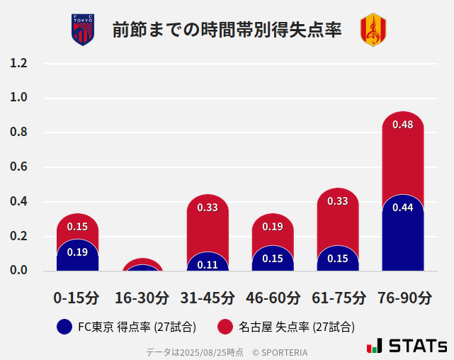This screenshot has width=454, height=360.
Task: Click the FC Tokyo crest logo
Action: pos(83,30)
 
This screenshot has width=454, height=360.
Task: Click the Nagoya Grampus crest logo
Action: pos(373,30)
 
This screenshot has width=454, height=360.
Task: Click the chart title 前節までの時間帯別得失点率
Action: pos(227,30)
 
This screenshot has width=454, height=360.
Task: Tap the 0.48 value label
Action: pos(402,125)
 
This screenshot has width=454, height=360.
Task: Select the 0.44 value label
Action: pos(402,208)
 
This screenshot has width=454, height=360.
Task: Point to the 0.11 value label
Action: pos(208,265)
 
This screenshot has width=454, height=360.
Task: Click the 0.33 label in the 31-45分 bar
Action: pos(208,208)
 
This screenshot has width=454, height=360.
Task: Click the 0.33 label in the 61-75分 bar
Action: pos(338,201)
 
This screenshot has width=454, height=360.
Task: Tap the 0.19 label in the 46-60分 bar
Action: pos(273,227)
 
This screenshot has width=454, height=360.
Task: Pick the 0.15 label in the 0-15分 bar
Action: pos(77,227)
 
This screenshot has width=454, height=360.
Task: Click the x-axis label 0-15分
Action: pos(77,298)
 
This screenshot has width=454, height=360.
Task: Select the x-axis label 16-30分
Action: pos(142,298)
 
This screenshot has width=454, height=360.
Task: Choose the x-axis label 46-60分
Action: pos(273,298)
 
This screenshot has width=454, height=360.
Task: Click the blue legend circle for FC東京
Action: pos(64,327)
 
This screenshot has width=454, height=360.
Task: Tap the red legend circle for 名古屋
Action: pos(225,327)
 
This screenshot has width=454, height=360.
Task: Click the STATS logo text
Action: pos(417,347)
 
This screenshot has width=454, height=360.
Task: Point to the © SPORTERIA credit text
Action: pos(280,352)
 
